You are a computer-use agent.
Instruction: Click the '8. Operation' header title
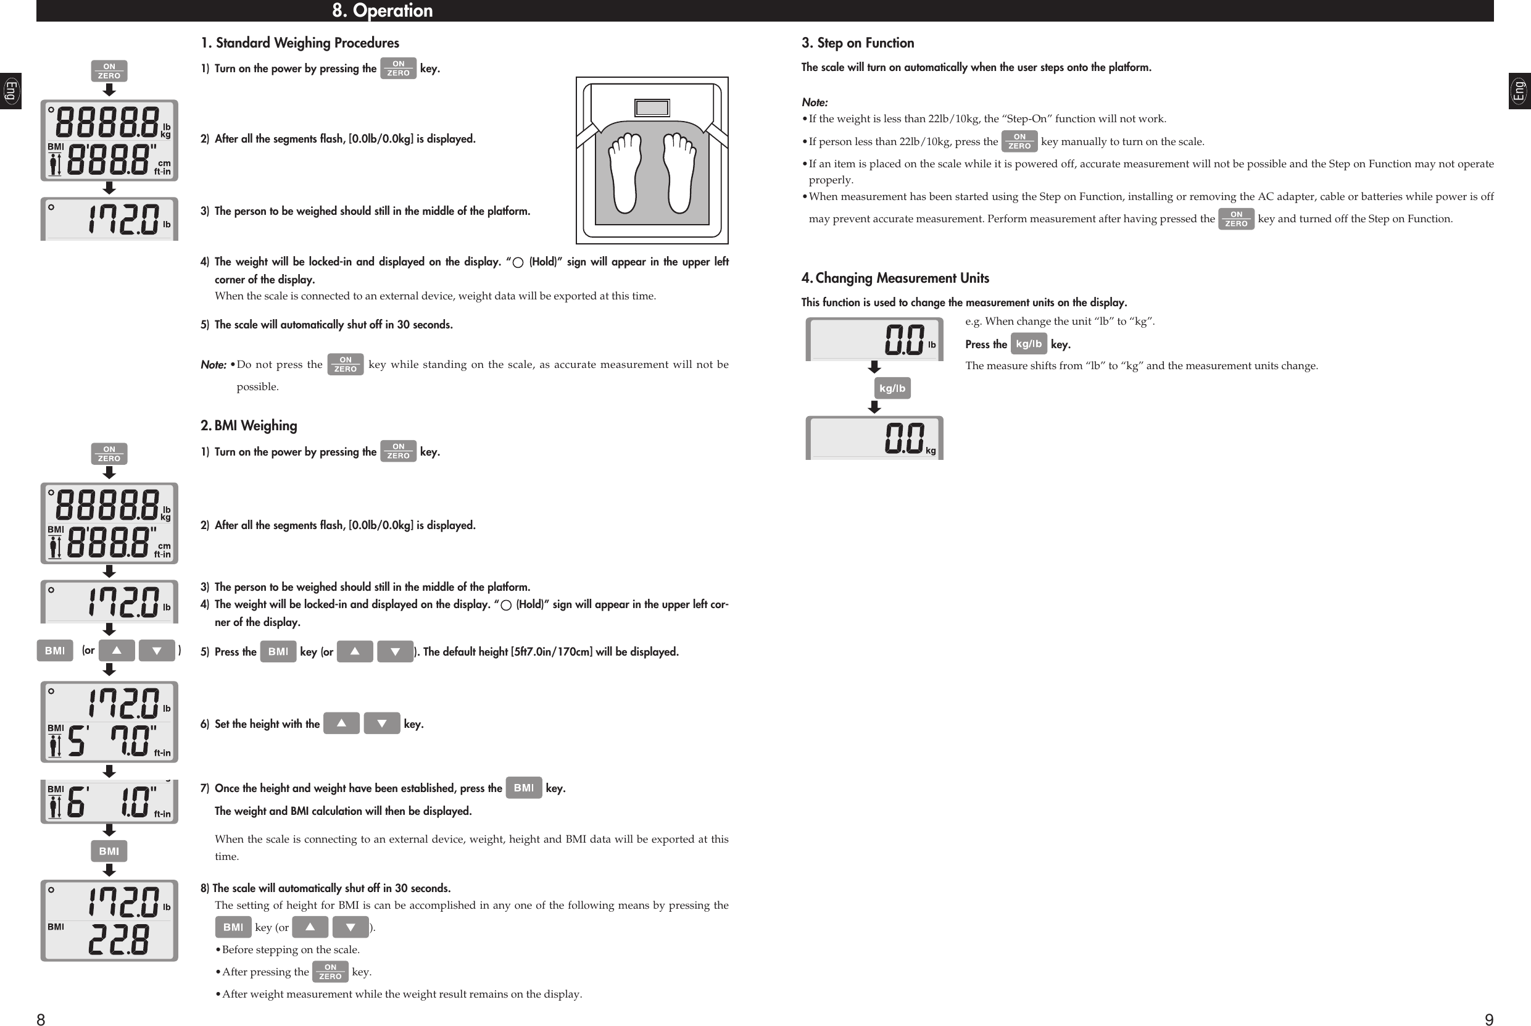click(382, 10)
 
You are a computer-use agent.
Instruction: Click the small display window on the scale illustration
click(652, 108)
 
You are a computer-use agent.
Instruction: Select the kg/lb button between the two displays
click(892, 388)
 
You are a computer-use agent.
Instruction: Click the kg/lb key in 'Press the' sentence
click(1028, 343)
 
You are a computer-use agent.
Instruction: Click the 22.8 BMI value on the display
click(119, 940)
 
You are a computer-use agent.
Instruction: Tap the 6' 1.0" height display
click(110, 802)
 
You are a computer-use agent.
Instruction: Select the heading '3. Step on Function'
click(857, 43)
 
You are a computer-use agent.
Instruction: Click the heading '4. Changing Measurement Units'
click(895, 278)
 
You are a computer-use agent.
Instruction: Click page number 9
click(1488, 1019)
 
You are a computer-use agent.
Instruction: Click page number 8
click(41, 1019)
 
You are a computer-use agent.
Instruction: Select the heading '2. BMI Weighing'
click(249, 426)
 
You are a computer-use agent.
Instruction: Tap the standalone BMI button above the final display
click(109, 851)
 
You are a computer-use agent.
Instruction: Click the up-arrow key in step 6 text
click(341, 723)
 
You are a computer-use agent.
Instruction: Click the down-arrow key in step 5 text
click(395, 652)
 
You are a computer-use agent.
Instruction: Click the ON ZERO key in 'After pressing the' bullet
click(330, 972)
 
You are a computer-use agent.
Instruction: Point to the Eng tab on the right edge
click(1519, 91)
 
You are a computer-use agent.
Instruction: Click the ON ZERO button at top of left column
click(109, 70)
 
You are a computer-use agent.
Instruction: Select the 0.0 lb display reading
click(905, 340)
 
